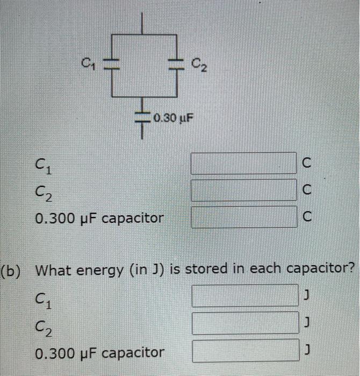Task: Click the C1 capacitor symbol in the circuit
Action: [x=111, y=63]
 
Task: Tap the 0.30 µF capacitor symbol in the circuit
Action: [x=143, y=117]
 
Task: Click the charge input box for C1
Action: [x=243, y=163]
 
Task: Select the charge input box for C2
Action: [x=243, y=190]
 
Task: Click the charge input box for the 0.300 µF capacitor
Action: [x=243, y=217]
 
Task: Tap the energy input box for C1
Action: [x=244, y=295]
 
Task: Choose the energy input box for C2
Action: [x=244, y=323]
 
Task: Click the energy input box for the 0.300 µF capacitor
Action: [x=244, y=350]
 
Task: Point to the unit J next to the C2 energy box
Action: [x=307, y=323]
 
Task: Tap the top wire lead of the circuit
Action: [x=142, y=24]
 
